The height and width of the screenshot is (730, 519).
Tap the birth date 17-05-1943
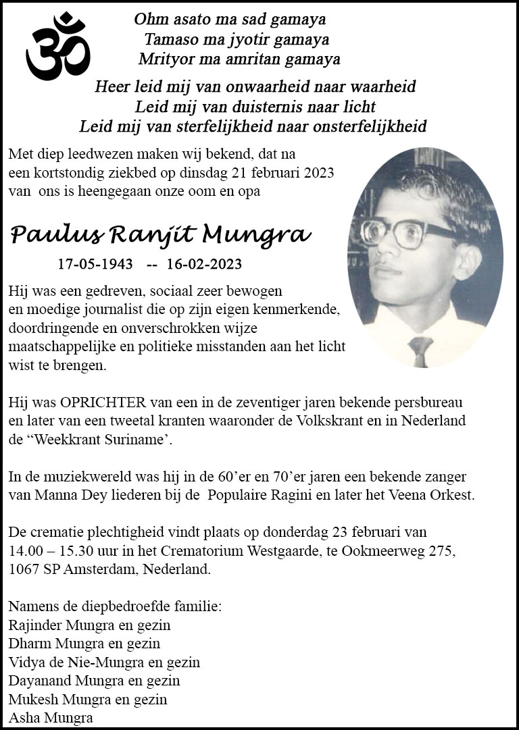95,264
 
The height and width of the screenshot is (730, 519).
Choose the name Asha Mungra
51,718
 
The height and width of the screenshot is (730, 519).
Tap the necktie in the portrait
420,350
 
